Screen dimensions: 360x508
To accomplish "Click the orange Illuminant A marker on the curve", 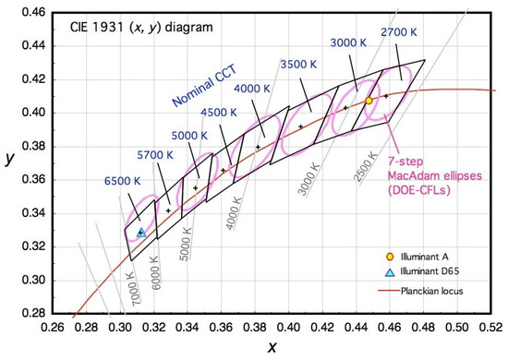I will click(x=369, y=101).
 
